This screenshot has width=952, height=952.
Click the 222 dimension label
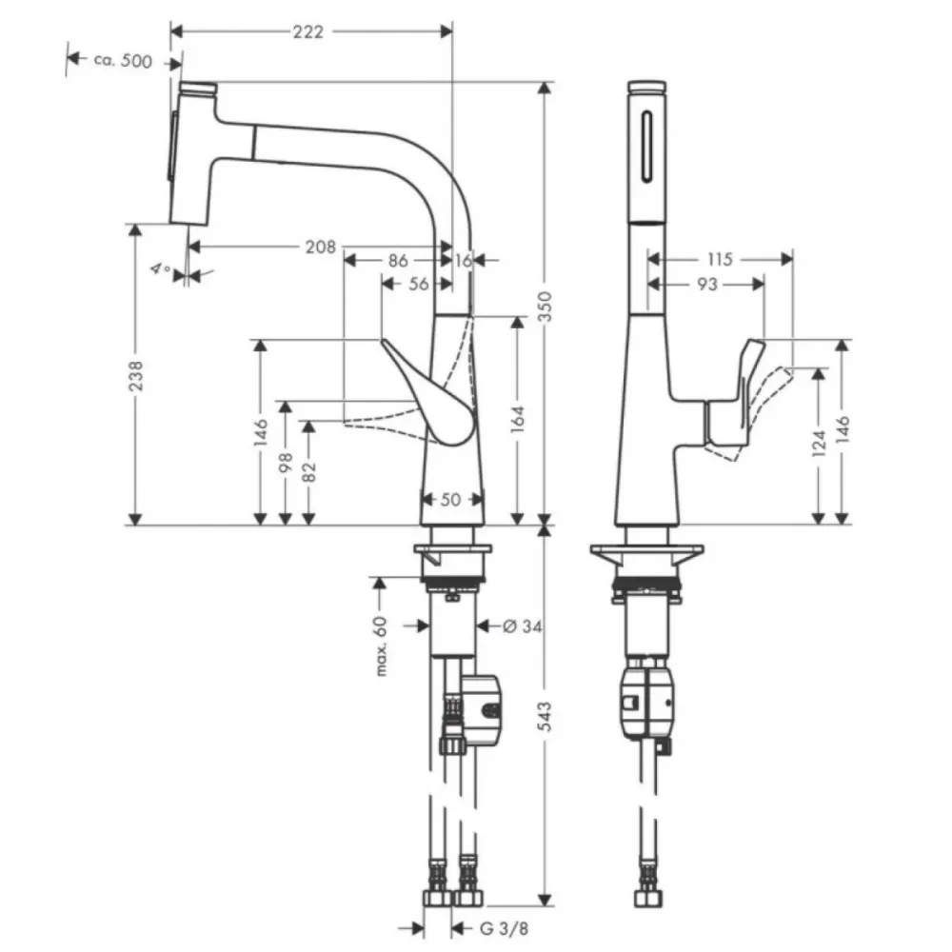(308, 31)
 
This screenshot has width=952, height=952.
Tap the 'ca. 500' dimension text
(123, 61)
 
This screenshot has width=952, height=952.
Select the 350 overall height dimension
(545, 307)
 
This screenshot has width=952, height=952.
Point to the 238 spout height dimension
(136, 375)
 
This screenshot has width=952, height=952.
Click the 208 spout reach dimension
(320, 247)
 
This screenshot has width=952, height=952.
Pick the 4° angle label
(160, 268)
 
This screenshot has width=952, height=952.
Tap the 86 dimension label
(398, 261)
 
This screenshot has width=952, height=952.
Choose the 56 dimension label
(418, 284)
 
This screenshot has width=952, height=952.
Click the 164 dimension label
(517, 419)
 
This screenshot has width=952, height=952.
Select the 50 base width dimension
(450, 499)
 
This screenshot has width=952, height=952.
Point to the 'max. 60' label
(381, 646)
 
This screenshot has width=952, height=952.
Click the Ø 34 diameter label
(523, 625)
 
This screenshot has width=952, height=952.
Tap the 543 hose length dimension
(545, 717)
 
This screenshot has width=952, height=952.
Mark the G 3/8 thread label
(504, 928)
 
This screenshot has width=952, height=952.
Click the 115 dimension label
(720, 259)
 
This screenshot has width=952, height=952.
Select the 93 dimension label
(707, 284)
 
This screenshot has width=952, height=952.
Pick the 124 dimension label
(819, 444)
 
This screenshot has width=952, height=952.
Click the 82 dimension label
(308, 472)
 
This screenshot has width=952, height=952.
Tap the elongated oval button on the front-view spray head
(647, 146)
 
